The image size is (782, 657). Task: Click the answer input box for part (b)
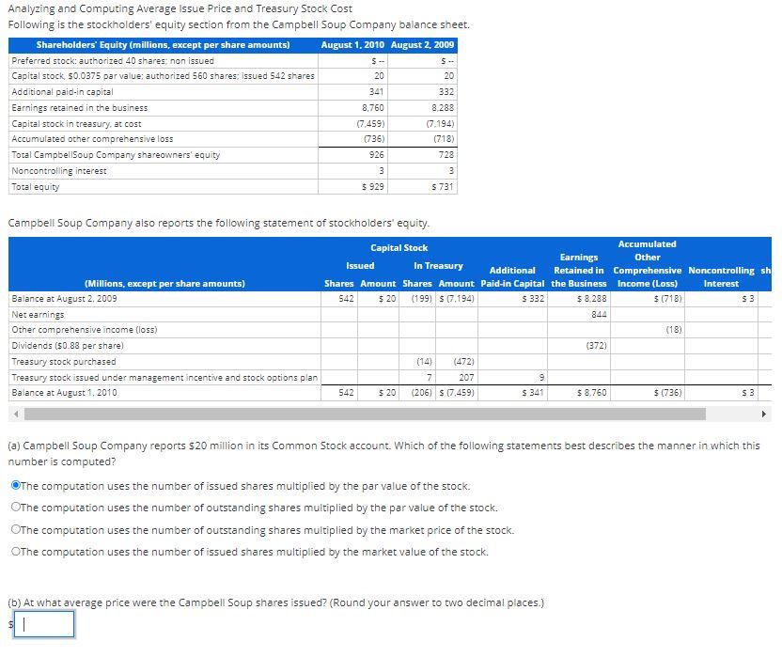pos(43,624)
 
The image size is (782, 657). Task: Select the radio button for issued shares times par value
pos(16,486)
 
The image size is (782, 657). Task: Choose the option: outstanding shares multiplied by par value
pos(16,508)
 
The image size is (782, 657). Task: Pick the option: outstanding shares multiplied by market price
pos(16,530)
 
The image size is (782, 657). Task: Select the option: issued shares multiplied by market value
pos(16,552)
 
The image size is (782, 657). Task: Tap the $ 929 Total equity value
pos(373,187)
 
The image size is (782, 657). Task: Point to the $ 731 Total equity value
pos(442,187)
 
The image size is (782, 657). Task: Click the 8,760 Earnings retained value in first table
pos(373,108)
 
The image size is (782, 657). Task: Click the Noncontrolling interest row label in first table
pos(59,171)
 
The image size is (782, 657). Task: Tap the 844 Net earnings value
pos(598,315)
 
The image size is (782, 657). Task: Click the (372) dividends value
pos(596,346)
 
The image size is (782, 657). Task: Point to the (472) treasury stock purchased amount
pos(462,361)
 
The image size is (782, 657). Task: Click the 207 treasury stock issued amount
pos(465,377)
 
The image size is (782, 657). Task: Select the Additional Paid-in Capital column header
pos(512,276)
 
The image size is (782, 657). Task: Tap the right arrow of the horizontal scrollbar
pos(763,414)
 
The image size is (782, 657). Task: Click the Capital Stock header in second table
pos(399,248)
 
